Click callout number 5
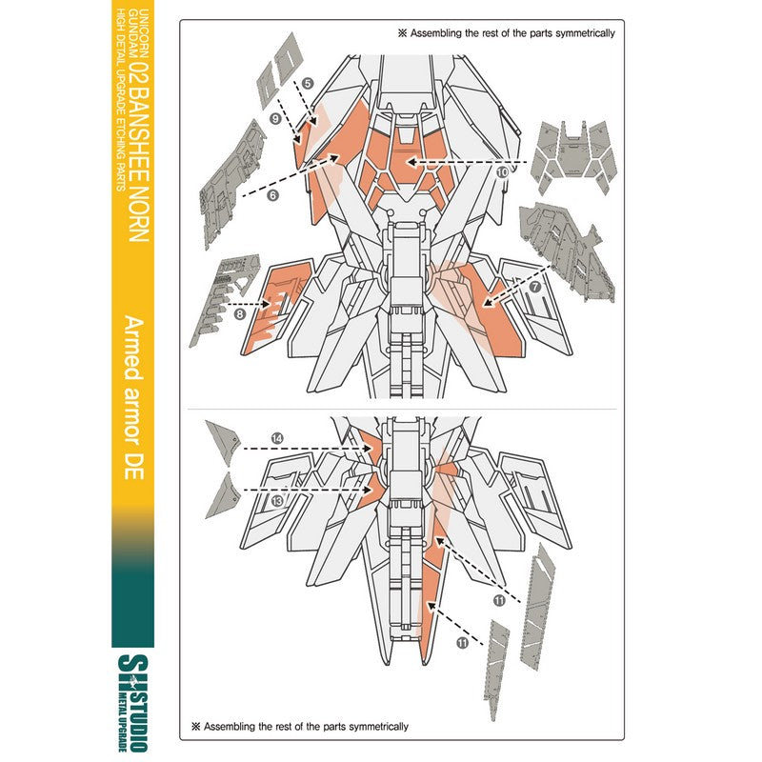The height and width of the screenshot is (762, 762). tap(308, 84)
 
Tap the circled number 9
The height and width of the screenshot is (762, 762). tap(274, 119)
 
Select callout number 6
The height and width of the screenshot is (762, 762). tap(272, 195)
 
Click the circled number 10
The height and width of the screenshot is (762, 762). tap(502, 171)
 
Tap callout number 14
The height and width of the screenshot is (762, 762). tap(276, 437)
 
